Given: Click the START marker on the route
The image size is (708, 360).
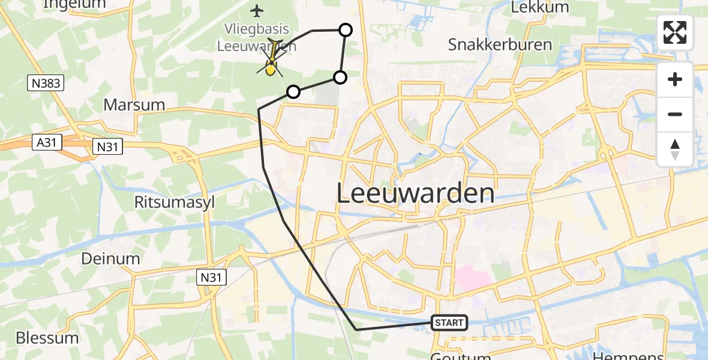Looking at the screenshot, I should click(449, 323).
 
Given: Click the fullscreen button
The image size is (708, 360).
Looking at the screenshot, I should click(675, 32).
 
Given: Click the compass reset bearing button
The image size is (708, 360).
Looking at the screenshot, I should click(675, 149).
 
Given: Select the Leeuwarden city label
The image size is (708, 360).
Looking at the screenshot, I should click(415, 194).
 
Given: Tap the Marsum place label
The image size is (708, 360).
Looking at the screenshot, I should click(134, 104).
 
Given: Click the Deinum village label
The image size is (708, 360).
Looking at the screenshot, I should click(112, 259).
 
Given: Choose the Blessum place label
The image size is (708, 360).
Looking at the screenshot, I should click(47, 337).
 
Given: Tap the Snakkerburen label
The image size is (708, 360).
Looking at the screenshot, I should click(491, 45).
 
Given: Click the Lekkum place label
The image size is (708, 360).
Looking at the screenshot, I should click(531, 7).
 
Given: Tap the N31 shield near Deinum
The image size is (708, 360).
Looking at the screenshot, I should click(210, 277).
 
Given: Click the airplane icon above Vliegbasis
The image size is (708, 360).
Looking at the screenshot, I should click(257, 11).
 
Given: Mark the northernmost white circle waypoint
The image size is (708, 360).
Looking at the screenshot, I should click(346, 30).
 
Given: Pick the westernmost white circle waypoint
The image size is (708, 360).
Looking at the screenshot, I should click(293, 92).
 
